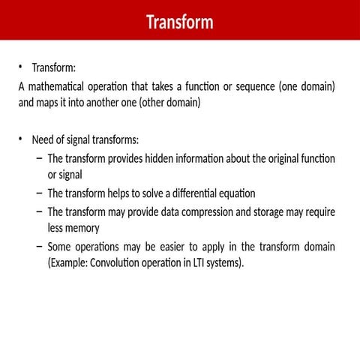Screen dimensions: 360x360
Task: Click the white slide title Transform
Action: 179,22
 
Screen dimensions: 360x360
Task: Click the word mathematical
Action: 57,86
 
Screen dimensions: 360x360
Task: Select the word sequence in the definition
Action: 250,86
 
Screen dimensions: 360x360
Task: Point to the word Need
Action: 45,140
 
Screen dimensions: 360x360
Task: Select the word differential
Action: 182,193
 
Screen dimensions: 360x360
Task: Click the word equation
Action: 235,193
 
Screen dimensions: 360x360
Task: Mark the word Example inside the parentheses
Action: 67,262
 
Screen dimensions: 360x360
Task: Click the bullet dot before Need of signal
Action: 22,140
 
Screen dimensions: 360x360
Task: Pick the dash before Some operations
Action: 38,247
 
